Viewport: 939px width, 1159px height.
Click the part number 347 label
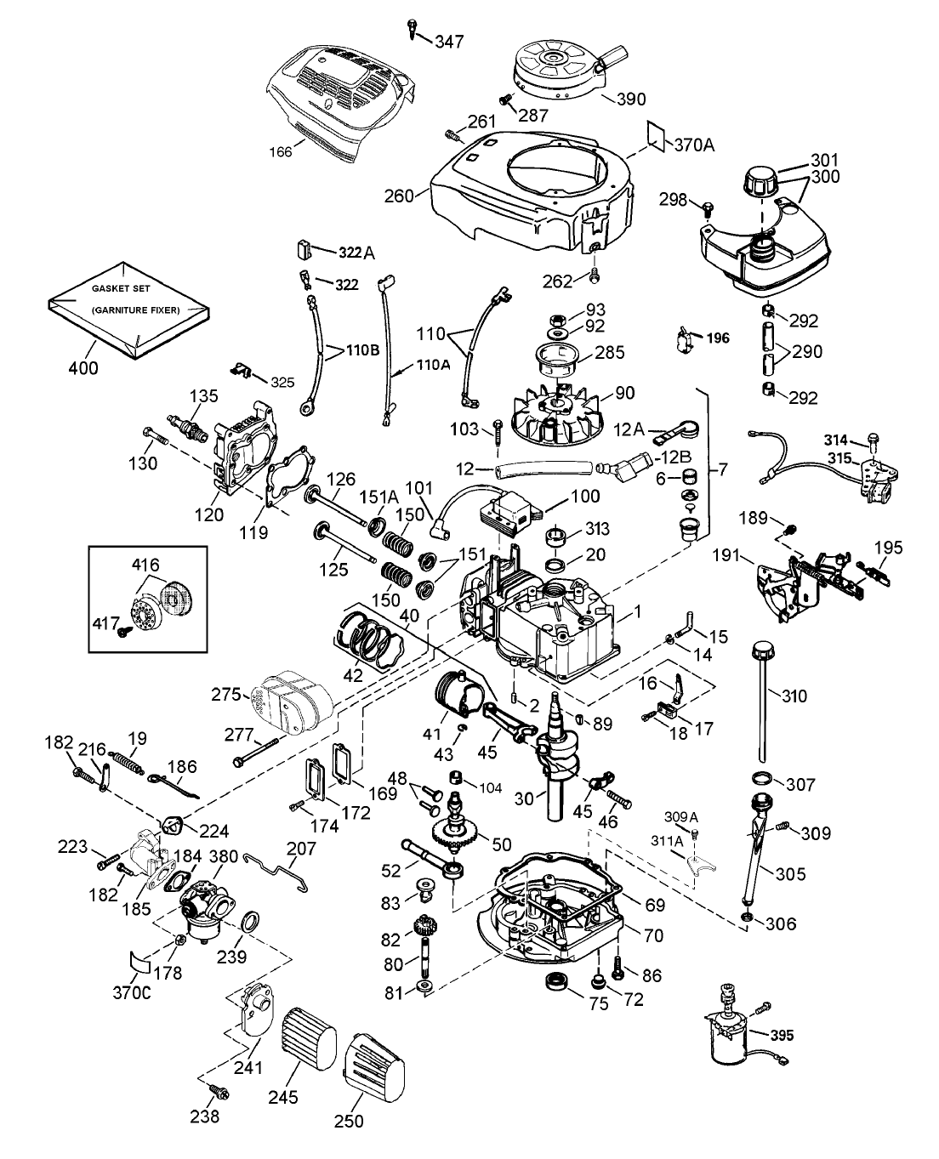click(x=451, y=40)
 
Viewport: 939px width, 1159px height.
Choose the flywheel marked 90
click(x=558, y=411)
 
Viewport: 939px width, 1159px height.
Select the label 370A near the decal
click(x=694, y=145)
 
